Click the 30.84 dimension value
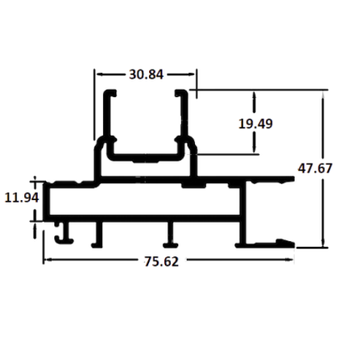click(146, 75)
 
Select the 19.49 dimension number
click(255, 124)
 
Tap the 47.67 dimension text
click(315, 168)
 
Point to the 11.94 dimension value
click(22, 198)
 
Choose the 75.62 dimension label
click(162, 262)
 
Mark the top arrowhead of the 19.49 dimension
click(255, 95)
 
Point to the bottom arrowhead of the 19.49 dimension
click(255, 149)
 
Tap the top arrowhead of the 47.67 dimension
click(323, 95)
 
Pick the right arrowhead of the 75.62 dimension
click(289, 260)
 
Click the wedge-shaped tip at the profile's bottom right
click(285, 243)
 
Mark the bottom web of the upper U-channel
click(146, 157)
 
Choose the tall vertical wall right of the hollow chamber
click(244, 213)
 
